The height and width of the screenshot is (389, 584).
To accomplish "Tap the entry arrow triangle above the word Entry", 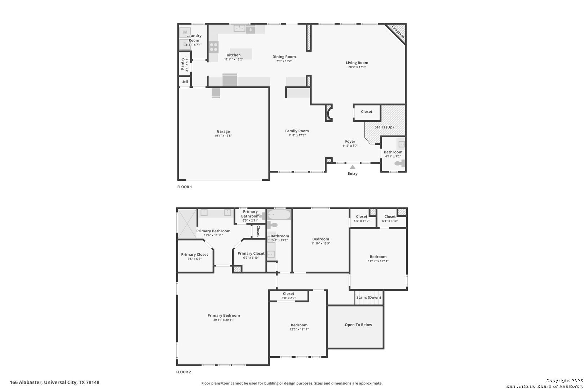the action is point(353,167).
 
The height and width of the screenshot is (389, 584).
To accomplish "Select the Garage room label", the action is point(223,131).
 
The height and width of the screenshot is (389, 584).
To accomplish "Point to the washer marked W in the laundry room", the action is point(185,32).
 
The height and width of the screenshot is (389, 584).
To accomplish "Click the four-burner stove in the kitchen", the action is point(213,47).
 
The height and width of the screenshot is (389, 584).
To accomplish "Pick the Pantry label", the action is point(182,64).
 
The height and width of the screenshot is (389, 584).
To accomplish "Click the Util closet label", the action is point(185,81).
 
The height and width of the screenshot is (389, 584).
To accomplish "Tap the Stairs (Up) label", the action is point(384,127).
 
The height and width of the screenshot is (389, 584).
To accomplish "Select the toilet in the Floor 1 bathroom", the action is point(399,164).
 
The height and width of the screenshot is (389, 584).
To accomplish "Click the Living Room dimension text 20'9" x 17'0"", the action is point(357,67).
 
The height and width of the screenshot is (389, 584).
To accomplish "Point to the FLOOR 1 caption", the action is point(184,187).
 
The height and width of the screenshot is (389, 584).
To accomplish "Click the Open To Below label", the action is point(358,325).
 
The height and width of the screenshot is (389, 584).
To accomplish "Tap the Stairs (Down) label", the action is point(368,297).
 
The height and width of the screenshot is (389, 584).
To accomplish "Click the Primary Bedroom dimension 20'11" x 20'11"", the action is point(224,320).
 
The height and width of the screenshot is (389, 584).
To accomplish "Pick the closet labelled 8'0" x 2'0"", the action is point(289,296).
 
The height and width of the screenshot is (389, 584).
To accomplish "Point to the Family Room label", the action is point(297,131).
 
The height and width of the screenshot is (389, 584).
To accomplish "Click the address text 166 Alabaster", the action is point(26,383).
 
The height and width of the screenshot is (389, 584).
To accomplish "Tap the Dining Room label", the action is point(284,57).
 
